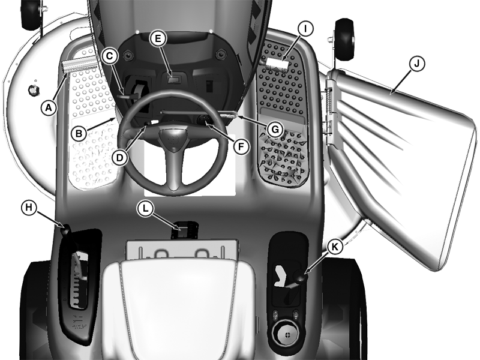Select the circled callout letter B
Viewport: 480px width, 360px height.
(x=79, y=133)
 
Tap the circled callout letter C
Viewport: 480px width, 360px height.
(x=110, y=56)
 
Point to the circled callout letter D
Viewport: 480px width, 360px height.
(x=119, y=158)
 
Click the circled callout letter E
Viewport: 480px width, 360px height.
(x=158, y=38)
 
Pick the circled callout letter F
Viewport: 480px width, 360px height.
(x=241, y=147)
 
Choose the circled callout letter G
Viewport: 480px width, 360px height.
(x=275, y=130)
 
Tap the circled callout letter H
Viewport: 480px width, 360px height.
(x=29, y=208)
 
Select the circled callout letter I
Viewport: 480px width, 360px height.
(x=305, y=29)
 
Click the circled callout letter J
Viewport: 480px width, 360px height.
(x=417, y=64)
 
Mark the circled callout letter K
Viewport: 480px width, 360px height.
(x=335, y=247)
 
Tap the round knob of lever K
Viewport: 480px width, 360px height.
(x=301, y=277)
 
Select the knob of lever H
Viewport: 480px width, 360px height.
(x=67, y=230)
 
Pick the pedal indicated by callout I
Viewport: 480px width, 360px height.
(x=277, y=64)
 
